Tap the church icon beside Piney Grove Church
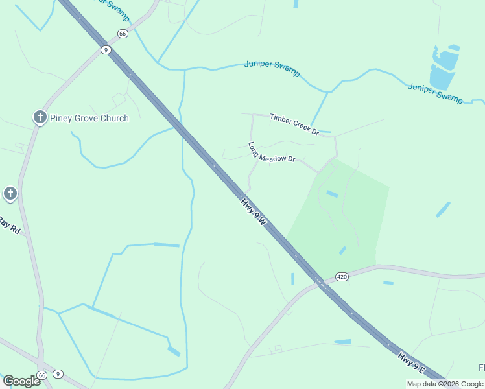[40, 117]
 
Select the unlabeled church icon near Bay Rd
[10, 193]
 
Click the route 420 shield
[342, 277]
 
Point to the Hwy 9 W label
[254, 212]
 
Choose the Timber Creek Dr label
[295, 123]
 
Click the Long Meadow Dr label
[272, 152]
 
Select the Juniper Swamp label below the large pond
[436, 93]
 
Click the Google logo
[21, 381]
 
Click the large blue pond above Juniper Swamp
[444, 67]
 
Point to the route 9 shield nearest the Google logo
[58, 374]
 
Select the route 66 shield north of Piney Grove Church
[122, 34]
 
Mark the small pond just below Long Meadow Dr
[332, 194]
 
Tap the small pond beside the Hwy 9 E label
[342, 342]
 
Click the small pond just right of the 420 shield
[388, 283]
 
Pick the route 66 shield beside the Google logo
[42, 375]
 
